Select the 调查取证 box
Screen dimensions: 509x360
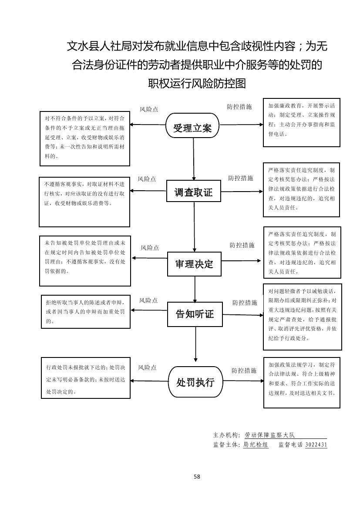tap(194, 192)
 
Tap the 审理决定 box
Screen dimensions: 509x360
tap(194, 264)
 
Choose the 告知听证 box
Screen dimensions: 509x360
tap(195, 313)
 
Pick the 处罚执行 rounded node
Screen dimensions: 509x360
tap(195, 382)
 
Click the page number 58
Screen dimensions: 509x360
tap(197, 476)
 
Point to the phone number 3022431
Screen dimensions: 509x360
tap(316, 445)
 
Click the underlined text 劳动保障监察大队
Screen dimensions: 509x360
tap(270, 435)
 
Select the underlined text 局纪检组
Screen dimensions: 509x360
tap(256, 445)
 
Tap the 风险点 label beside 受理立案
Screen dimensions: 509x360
tap(149, 110)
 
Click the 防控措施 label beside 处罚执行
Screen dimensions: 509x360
tap(244, 371)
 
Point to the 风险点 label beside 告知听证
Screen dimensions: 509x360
tap(148, 300)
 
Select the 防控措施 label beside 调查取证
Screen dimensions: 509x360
tap(240, 178)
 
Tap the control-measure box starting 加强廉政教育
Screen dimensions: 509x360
tap(301, 122)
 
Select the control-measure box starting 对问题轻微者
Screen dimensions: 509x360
tap(302, 316)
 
